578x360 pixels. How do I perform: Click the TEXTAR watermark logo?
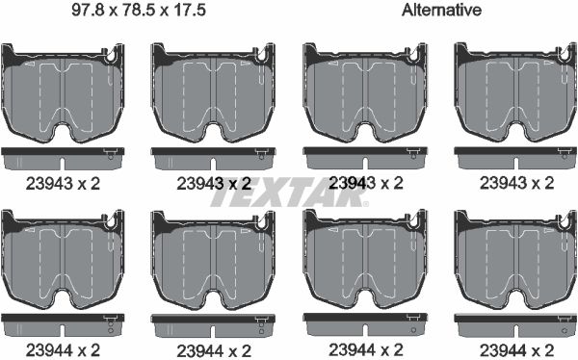288,195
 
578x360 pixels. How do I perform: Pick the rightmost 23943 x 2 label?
516,181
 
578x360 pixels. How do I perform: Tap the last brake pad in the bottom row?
515,260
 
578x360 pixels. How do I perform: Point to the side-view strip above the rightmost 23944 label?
515,320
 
